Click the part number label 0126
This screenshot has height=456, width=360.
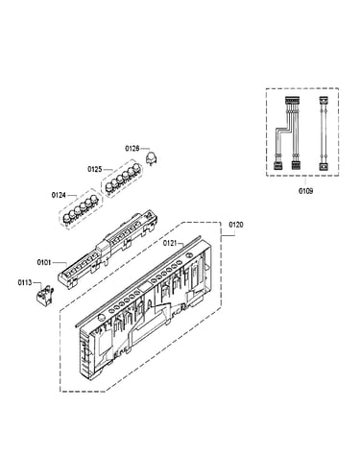click(132, 149)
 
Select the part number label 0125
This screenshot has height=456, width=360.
click(95, 169)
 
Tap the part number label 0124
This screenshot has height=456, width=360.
click(59, 195)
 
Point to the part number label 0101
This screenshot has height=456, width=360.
click(44, 263)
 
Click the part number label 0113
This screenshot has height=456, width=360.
click(25, 282)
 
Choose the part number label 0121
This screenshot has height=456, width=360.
click(170, 243)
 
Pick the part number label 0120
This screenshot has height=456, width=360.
click(236, 225)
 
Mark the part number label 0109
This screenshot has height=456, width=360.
click(306, 191)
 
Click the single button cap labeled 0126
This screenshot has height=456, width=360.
click(151, 158)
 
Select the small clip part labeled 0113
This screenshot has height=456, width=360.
click(44, 296)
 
